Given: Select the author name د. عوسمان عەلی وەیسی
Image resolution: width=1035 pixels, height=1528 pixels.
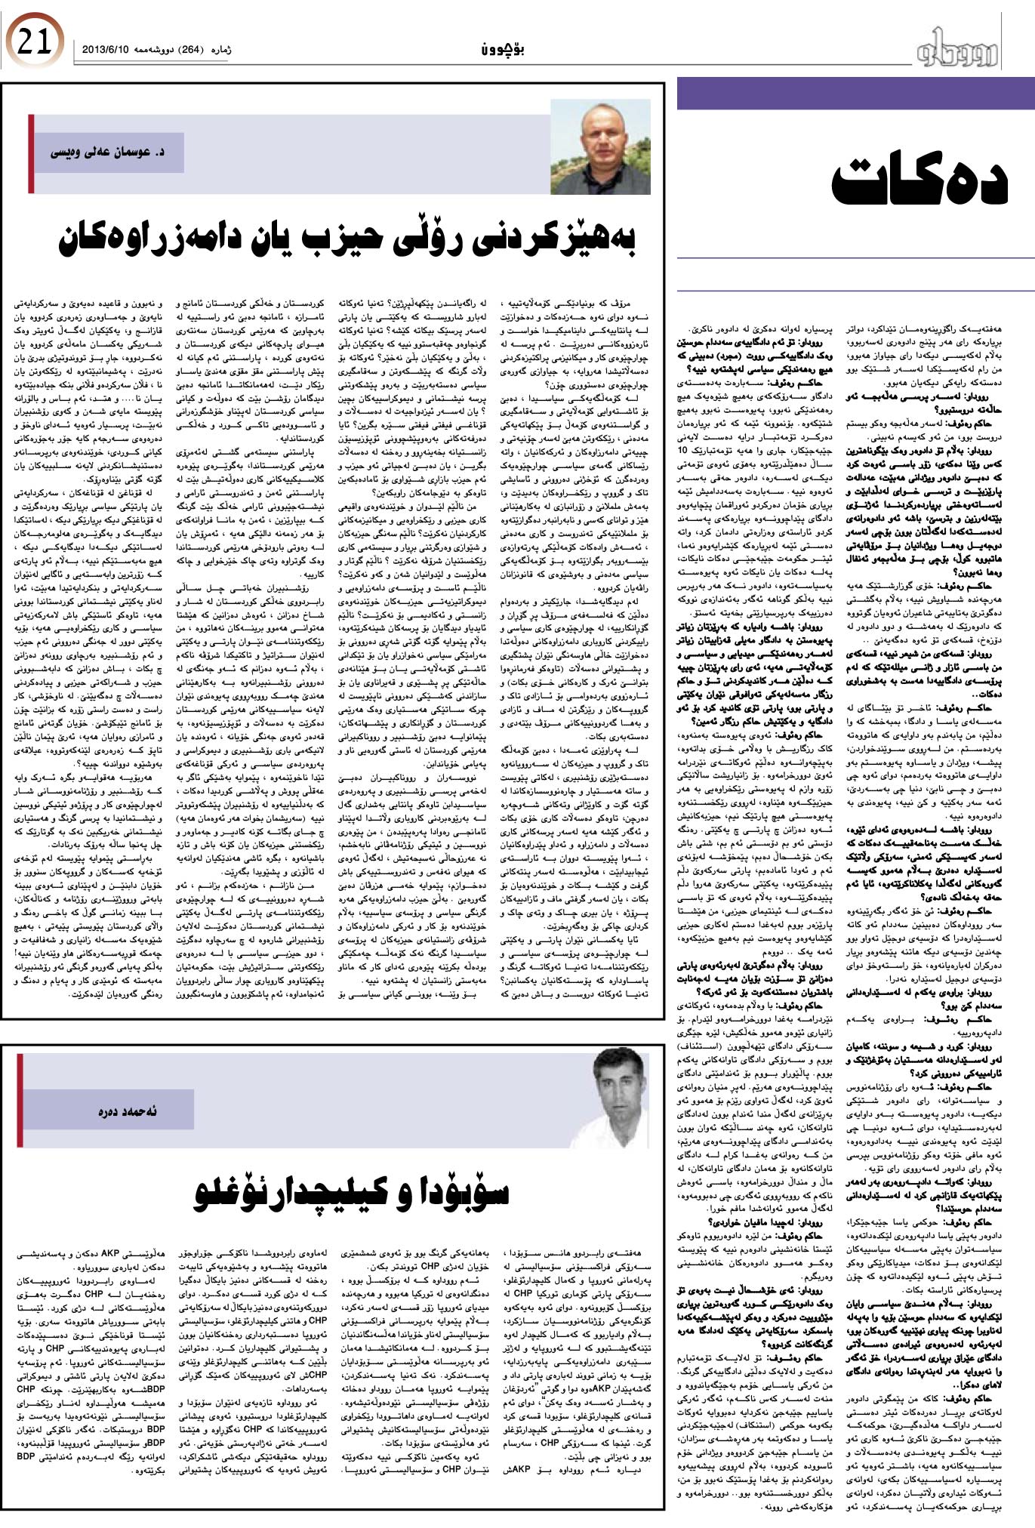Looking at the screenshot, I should [x=107, y=152].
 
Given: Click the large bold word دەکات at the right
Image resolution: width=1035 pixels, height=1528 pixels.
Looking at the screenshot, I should [x=919, y=180].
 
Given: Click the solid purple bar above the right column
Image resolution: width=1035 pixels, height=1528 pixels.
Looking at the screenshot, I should [x=855, y=94].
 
